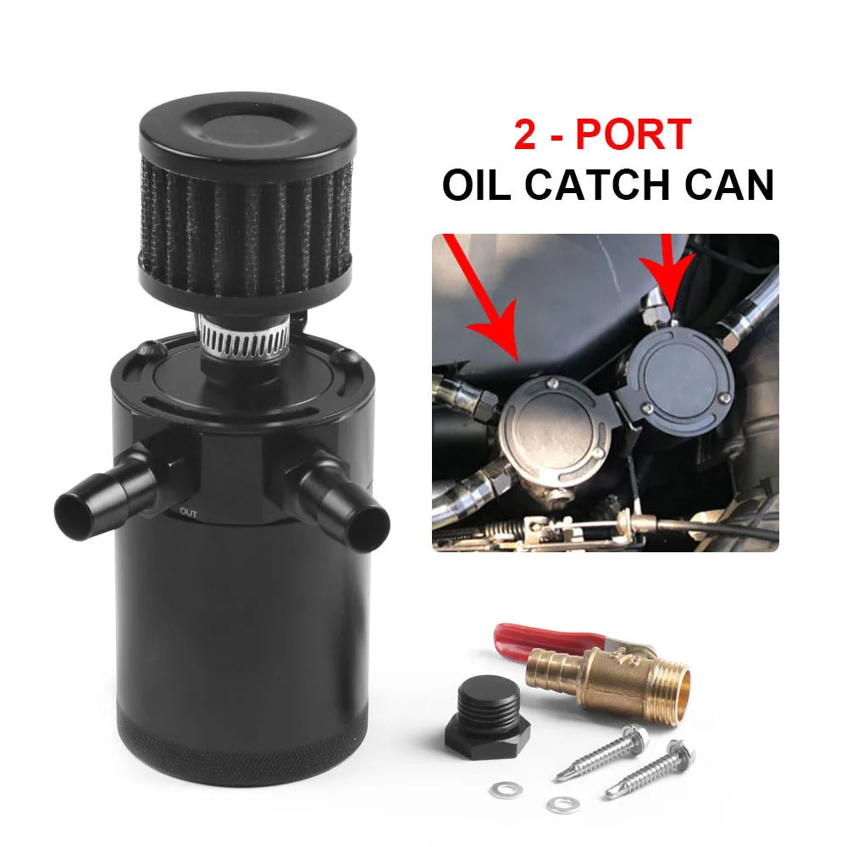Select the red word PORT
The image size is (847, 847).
[641, 135]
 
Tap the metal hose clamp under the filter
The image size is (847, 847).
[246, 332]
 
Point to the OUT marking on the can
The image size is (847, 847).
[188, 512]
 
